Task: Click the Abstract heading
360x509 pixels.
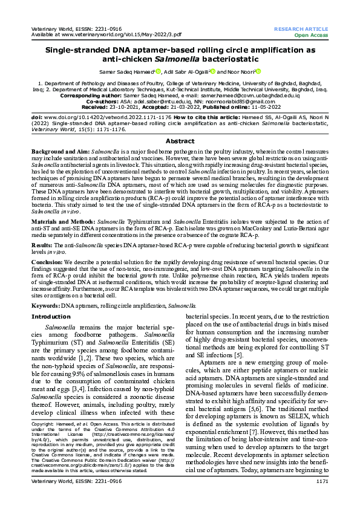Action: [x=180, y=141]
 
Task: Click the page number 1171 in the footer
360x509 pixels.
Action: [x=322, y=498]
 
